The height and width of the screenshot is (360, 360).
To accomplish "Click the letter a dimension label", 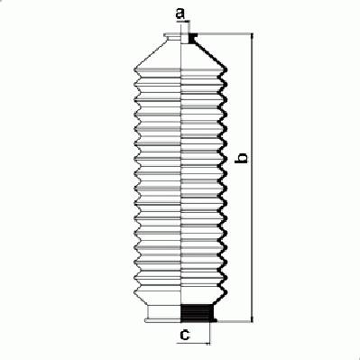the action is (x=180, y=14).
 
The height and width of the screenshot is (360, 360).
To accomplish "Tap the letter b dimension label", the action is (x=242, y=158).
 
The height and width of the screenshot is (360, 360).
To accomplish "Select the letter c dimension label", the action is (x=185, y=334).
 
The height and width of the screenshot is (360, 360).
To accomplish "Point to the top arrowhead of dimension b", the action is (x=252, y=36).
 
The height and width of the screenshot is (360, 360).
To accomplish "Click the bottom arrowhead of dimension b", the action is (x=252, y=318).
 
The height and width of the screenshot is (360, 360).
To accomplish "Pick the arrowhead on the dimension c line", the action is (x=207, y=343).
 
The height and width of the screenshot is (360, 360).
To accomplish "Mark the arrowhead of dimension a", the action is (x=187, y=22).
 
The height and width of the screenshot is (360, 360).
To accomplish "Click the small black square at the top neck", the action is (x=192, y=38).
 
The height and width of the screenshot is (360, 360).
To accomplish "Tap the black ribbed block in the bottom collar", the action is (x=196, y=313).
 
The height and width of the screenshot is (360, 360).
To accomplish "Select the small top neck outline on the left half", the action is (x=172, y=39).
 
